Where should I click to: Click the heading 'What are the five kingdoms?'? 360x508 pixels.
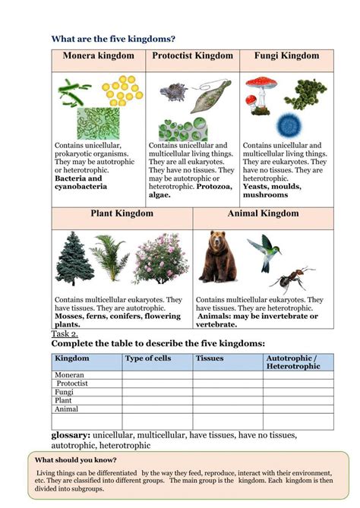coord(113,39)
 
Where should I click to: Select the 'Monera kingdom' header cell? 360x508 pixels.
coord(99,56)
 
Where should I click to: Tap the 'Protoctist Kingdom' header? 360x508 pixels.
coord(192,56)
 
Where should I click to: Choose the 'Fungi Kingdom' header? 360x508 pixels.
coord(286,56)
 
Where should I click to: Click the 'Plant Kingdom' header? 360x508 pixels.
coord(122,214)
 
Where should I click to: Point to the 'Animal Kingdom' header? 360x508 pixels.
coord(263,214)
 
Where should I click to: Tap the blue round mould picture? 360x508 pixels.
coord(289,124)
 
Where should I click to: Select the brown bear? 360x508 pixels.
coord(218,257)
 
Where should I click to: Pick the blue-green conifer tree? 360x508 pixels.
coord(74,258)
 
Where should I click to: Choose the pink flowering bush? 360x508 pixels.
coord(160,259)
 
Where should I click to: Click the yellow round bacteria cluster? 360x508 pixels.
coord(122,90)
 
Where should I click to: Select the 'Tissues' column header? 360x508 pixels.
coord(210,358)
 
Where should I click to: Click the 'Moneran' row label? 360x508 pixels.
coord(69,375)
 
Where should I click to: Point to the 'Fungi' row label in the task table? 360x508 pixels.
coord(64,392)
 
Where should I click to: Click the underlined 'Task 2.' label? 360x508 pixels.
coord(65,334)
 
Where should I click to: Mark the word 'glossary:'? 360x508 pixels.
coord(71,435)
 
